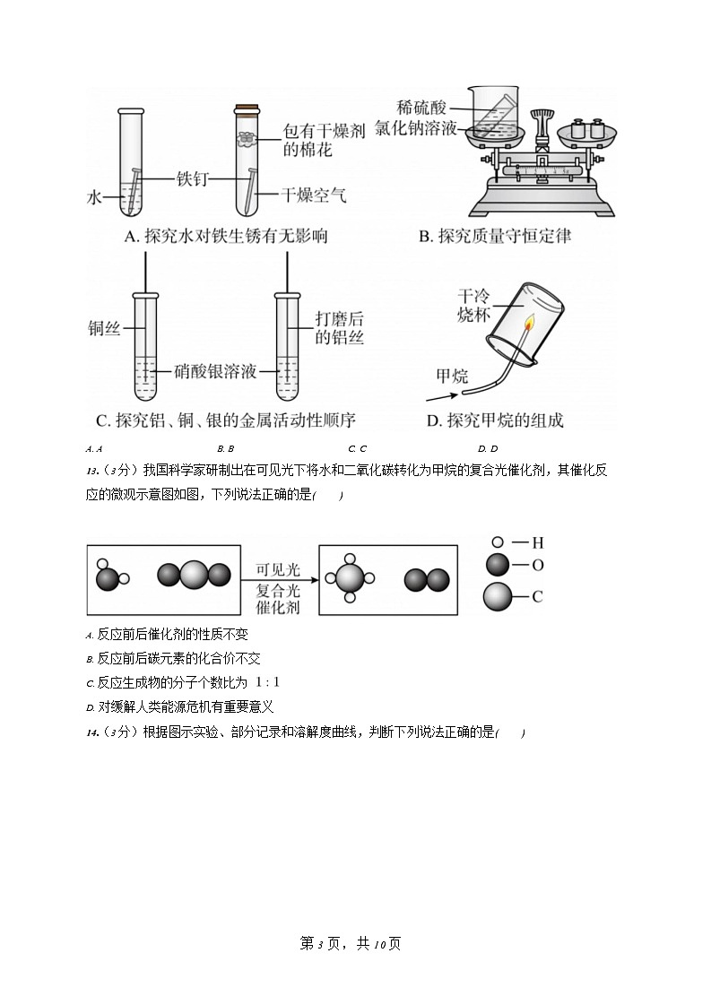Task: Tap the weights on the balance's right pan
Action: pyautogui.click(x=587, y=128)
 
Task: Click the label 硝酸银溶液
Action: pyautogui.click(x=215, y=370)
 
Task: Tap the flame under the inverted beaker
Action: pyautogui.click(x=530, y=324)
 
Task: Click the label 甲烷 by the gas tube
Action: pyautogui.click(x=452, y=376)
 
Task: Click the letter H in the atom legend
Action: pyautogui.click(x=538, y=542)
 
